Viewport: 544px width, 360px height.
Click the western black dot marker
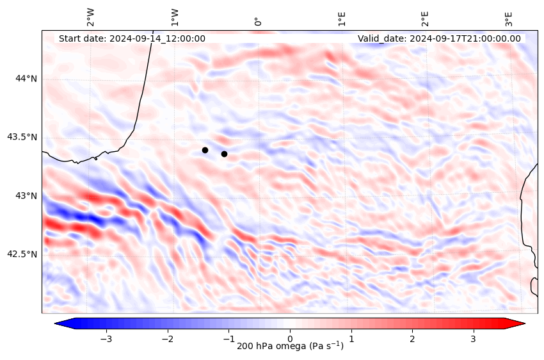[205, 150]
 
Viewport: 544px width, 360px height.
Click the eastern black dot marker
[224, 154]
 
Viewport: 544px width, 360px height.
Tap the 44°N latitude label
[26, 78]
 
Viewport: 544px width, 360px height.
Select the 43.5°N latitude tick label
[22, 137]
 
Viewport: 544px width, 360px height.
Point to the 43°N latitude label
[26, 195]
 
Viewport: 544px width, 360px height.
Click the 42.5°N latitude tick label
[22, 254]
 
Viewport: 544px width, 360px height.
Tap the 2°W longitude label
[91, 17]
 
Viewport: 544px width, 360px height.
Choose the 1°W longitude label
[175, 17]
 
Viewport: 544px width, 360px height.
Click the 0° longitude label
[258, 22]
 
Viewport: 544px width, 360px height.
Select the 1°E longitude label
[342, 18]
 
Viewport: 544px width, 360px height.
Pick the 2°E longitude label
[425, 18]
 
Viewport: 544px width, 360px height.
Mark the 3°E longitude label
[509, 18]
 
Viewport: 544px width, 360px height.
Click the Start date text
[132, 38]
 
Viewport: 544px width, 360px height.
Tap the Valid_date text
[439, 38]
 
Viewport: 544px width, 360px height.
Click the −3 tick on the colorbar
[106, 338]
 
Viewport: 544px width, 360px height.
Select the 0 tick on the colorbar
[290, 338]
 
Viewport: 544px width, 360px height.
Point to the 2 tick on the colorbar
[412, 338]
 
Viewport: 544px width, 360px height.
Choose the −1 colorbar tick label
[228, 338]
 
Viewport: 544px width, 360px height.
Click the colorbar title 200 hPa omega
[290, 347]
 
